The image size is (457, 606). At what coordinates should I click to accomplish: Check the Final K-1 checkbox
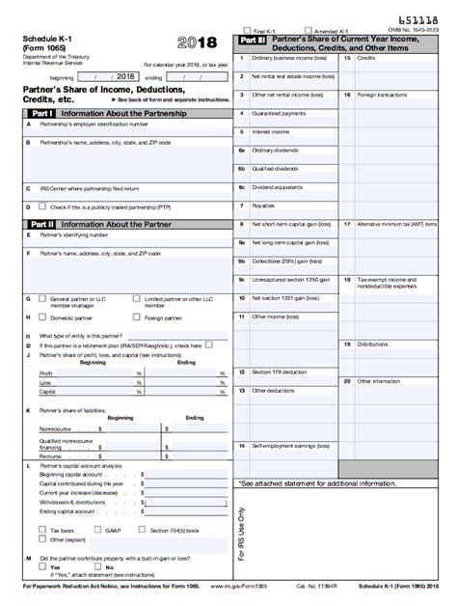click(x=248, y=31)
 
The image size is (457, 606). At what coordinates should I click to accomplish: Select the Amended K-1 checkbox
click(x=307, y=31)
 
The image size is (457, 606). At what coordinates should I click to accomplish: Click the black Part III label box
click(x=252, y=42)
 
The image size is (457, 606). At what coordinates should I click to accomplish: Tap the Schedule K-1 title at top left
click(x=51, y=38)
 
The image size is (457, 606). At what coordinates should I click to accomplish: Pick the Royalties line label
click(x=263, y=206)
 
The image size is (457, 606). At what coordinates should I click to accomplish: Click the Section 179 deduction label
click(x=279, y=372)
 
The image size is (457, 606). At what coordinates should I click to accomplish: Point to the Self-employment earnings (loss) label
click(x=289, y=446)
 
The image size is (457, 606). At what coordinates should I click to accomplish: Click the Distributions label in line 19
click(x=372, y=344)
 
